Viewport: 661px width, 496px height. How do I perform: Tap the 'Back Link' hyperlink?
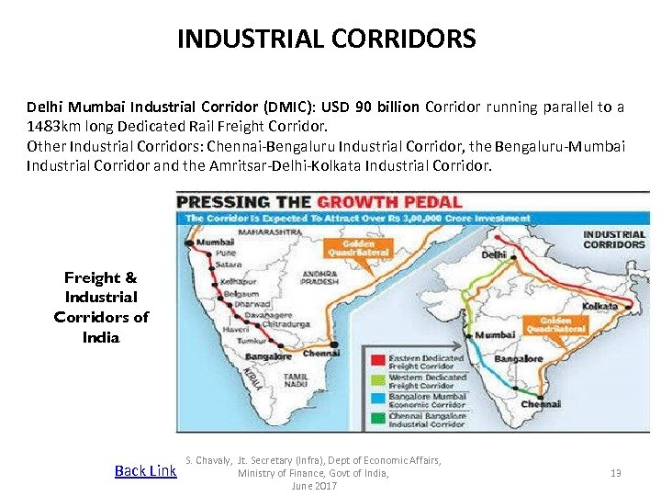145,471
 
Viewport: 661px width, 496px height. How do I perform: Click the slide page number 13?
616,473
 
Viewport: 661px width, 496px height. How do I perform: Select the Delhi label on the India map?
494,254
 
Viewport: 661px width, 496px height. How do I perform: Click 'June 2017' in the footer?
314,486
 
